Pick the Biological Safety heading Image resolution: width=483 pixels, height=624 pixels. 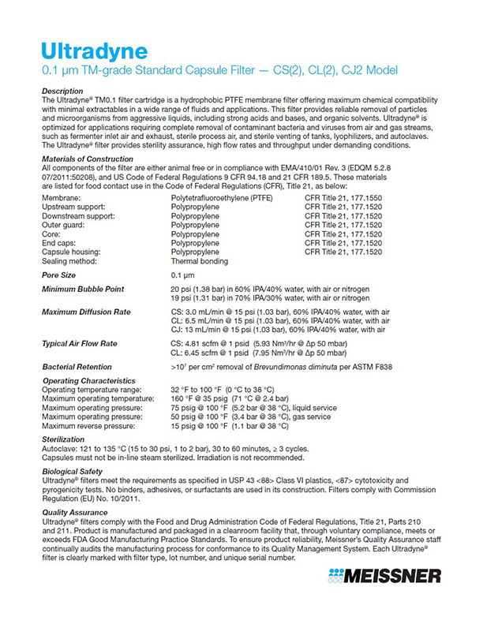(x=73, y=472)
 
